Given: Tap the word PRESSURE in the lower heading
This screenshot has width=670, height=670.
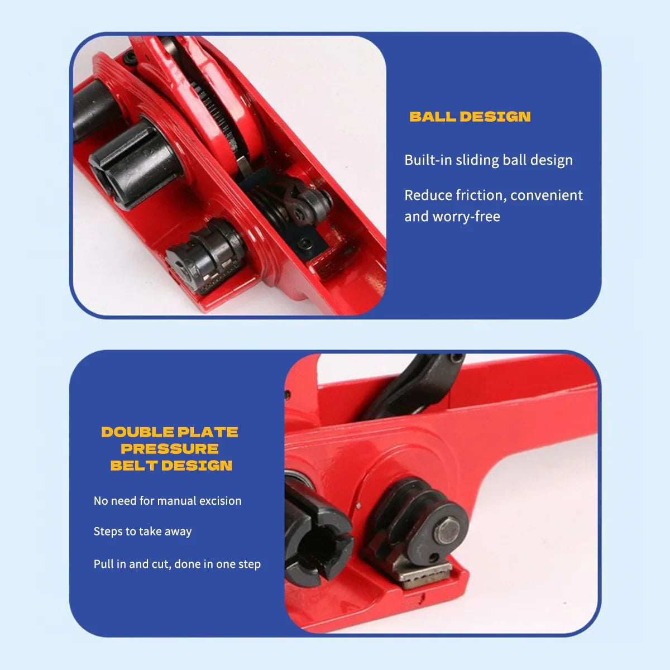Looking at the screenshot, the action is pyautogui.click(x=170, y=449).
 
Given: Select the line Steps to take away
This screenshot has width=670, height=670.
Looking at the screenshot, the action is pyautogui.click(x=142, y=532).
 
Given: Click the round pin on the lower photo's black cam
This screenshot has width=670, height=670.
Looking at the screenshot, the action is pyautogui.click(x=448, y=532).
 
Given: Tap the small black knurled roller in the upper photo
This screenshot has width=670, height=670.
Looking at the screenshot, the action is pyautogui.click(x=205, y=256).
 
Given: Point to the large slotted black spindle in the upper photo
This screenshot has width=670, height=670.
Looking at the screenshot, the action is pyautogui.click(x=136, y=164).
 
